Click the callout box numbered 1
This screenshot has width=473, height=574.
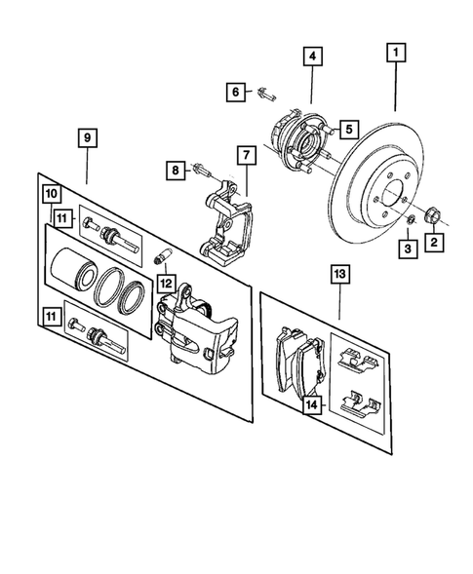[397, 51]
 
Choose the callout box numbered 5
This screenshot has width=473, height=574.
[347, 126]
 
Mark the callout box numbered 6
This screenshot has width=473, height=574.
[237, 93]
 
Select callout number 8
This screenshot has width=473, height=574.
[176, 172]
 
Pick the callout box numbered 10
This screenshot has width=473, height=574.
[50, 194]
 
